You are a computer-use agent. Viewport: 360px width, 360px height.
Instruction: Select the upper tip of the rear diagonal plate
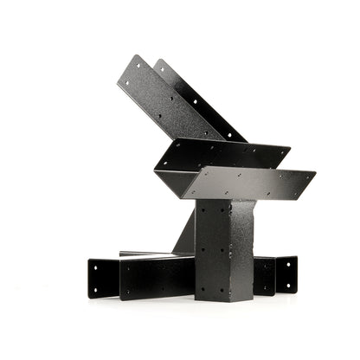tap(159, 60)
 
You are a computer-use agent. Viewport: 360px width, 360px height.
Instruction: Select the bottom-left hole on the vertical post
tap(202, 289)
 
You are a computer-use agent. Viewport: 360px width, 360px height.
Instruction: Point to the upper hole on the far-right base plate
tap(287, 264)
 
